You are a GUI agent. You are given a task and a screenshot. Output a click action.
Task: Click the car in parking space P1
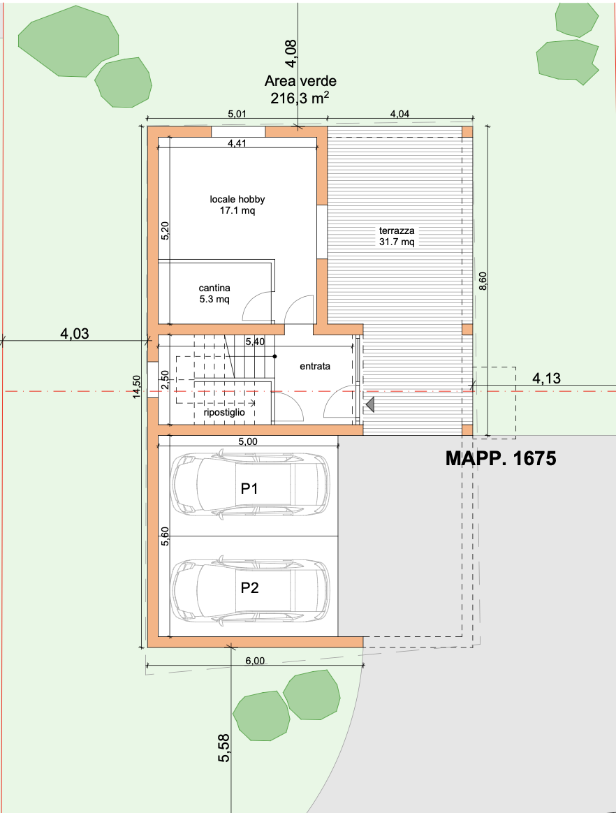point(251,485)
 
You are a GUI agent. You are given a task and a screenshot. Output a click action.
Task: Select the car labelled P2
point(251,589)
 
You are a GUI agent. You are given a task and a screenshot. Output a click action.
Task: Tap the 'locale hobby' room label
point(237,199)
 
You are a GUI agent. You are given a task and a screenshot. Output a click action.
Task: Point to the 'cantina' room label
point(214,288)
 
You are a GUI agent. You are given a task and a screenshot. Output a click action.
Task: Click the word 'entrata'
point(315,366)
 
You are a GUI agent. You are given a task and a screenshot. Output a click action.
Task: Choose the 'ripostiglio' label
point(224,413)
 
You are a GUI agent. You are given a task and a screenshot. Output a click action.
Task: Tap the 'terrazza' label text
point(397,230)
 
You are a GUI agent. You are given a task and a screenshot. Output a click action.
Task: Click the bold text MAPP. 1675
point(501,458)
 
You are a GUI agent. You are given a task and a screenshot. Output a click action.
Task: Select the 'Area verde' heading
point(301,81)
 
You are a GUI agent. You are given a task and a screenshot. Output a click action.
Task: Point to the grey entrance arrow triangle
point(369,404)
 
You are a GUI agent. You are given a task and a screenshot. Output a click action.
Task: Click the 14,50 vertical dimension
point(136,387)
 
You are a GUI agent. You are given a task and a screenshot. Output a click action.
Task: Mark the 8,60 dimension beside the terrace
point(483,281)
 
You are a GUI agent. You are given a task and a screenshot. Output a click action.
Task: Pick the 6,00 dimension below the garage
point(255,661)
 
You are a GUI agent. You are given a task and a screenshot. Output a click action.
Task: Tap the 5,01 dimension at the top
point(237,114)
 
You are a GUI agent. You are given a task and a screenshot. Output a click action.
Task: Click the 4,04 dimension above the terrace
point(399,114)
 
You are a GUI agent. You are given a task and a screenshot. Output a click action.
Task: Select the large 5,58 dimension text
point(224,747)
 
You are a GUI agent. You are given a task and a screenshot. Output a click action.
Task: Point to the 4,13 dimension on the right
point(547,379)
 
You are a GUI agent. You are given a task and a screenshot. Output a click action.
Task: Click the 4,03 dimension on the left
point(75,333)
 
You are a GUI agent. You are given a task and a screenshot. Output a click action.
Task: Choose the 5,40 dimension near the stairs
point(255,342)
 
